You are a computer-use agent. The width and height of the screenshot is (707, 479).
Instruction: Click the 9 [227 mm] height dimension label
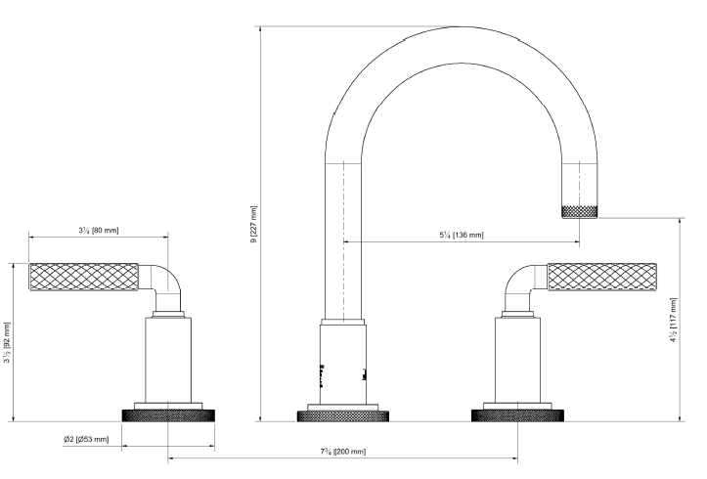[254, 225]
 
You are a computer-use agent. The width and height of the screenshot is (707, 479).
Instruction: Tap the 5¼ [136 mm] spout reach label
[462, 235]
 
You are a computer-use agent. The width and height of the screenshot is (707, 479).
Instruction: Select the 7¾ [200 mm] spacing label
[342, 451]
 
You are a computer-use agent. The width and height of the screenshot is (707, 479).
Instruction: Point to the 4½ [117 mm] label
[673, 320]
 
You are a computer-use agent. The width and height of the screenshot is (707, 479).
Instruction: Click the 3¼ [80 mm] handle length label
[99, 231]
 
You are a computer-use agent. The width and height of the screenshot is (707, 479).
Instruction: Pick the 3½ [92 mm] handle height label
[7, 342]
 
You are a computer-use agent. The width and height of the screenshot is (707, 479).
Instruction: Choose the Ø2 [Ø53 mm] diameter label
[86, 439]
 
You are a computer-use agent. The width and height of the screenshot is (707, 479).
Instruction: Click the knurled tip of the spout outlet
[580, 212]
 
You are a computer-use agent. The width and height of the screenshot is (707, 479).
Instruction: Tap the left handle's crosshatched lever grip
[84, 277]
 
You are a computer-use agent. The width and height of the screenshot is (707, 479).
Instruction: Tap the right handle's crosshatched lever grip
[602, 277]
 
